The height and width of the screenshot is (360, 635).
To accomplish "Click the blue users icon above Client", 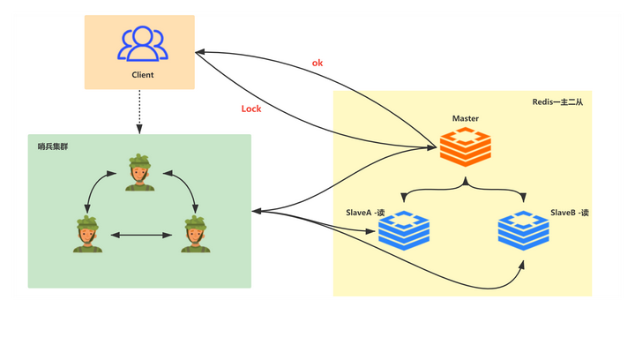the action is [x=143, y=44].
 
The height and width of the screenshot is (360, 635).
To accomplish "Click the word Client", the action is [x=143, y=75].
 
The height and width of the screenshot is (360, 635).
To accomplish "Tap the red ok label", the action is [x=317, y=63].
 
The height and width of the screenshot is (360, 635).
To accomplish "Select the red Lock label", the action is [x=251, y=109].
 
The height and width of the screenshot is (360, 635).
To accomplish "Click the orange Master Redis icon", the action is [x=466, y=146].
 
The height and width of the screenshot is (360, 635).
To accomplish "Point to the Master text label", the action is [x=466, y=118].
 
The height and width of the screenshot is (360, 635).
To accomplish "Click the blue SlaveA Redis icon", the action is [x=404, y=230].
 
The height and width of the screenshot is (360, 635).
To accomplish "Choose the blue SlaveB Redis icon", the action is [x=523, y=230].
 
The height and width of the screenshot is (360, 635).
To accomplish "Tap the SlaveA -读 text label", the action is [x=365, y=213].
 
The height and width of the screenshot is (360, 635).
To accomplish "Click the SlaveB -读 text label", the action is [x=570, y=213].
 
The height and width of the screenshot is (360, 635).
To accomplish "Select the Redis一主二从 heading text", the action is [x=557, y=102].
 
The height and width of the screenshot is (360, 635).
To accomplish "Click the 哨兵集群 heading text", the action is [x=53, y=146].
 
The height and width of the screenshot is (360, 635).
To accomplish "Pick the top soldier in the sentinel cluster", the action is [x=139, y=172].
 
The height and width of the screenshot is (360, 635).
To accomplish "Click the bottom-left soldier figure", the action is [x=87, y=234].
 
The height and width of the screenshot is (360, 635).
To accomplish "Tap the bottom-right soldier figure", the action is [x=196, y=234].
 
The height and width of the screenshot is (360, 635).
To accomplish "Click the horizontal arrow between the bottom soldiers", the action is [x=141, y=235].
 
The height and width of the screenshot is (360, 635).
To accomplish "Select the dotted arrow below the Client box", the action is [x=139, y=112].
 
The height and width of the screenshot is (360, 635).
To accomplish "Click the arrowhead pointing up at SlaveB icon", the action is [x=522, y=266].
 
